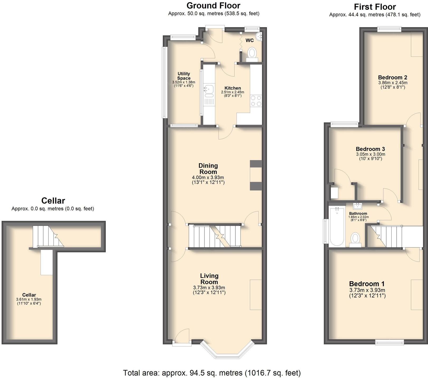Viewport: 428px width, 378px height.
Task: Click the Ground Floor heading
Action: tap(213, 6)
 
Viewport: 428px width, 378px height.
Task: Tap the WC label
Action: tap(249, 40)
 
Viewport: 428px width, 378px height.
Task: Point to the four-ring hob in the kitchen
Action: tap(256, 100)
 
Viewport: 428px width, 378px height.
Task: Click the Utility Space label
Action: tap(184, 76)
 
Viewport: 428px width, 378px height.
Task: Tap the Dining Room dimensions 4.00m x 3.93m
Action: tap(208, 178)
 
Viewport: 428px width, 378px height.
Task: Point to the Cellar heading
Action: tap(53, 201)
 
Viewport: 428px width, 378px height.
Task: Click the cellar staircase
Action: tap(47, 236)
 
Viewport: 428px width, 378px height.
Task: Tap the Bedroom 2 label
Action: tap(392, 77)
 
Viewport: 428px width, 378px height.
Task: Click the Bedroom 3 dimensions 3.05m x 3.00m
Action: tap(370, 154)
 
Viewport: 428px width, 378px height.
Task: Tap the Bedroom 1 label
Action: tap(367, 284)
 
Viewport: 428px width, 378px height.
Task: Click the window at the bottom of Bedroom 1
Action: tap(390, 342)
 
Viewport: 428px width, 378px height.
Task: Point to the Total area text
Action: tap(212, 373)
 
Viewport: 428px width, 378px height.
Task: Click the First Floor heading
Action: tap(374, 7)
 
